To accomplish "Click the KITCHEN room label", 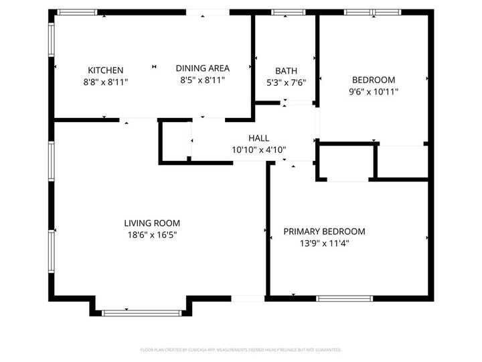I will click(105, 70).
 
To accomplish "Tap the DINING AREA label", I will click(202, 68).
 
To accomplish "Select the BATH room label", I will click(286, 70).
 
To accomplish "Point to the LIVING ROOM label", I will click(152, 223).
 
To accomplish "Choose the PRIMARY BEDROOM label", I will click(324, 231).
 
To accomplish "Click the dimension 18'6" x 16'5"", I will click(152, 235).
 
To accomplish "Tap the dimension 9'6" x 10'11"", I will click(373, 92).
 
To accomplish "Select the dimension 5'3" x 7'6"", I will click(286, 82).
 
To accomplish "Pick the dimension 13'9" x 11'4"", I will click(324, 243).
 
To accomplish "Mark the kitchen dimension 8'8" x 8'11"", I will click(105, 82).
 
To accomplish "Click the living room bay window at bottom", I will click(141, 312).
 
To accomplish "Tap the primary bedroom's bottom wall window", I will click(343, 298).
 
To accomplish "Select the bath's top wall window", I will click(288, 12).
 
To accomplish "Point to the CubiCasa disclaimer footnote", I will click(241, 349).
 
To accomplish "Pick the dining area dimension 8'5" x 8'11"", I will click(202, 80).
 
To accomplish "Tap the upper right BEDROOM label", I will click(373, 80).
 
